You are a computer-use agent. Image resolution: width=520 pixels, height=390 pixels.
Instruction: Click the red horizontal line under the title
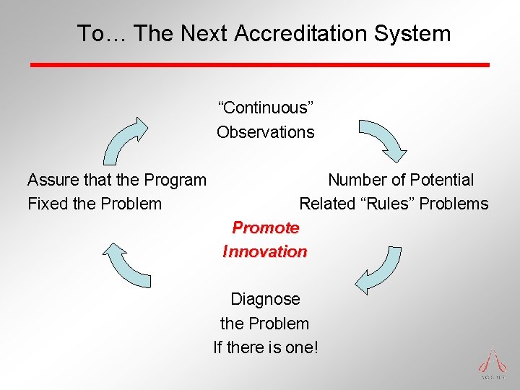tap(260, 65)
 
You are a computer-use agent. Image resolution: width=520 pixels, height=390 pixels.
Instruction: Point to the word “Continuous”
tap(266, 108)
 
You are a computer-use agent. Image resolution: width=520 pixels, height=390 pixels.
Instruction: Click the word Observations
tap(266, 132)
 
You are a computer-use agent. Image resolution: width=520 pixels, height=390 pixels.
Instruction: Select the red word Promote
tap(265, 227)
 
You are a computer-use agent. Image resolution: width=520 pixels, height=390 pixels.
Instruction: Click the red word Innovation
tap(265, 251)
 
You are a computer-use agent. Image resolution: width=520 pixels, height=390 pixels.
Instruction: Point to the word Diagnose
tap(265, 299)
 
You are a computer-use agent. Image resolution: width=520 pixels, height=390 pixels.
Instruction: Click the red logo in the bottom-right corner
tap(493, 363)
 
